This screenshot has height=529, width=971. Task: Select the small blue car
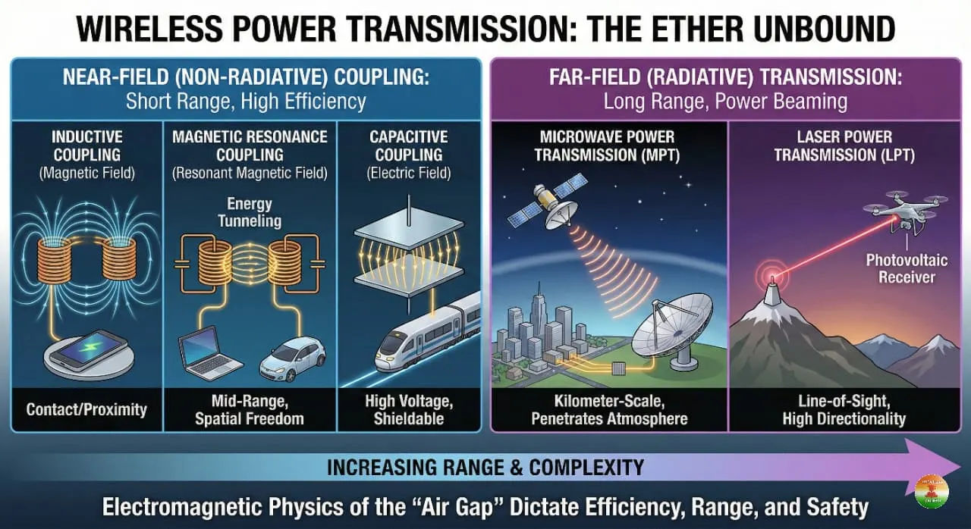click(292, 359)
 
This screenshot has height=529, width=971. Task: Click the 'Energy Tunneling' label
click(250, 212)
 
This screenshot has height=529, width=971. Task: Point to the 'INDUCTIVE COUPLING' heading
click(86, 146)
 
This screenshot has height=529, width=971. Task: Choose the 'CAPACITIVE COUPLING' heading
click(408, 146)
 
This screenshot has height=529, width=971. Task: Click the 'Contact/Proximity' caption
click(86, 410)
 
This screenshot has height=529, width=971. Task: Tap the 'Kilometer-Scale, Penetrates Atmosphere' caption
click(609, 410)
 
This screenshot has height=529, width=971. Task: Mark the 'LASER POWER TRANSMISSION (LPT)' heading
click(844, 146)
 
